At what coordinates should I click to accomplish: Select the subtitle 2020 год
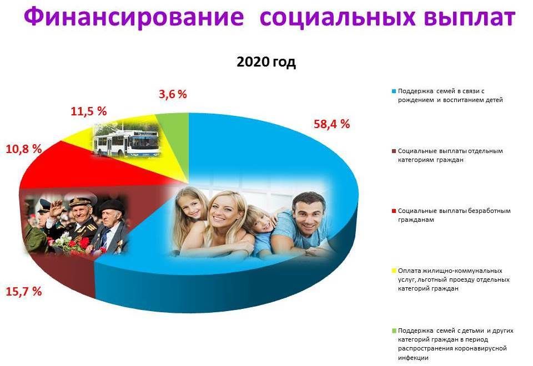click(x=266, y=62)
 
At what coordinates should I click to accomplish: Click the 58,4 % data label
click(x=332, y=124)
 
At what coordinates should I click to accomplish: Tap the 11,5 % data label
click(x=88, y=111)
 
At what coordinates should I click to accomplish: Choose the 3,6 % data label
click(x=173, y=94)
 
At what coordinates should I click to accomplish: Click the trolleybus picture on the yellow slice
click(x=126, y=139)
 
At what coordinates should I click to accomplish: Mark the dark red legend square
click(x=394, y=151)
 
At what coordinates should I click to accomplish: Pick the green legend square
click(x=394, y=331)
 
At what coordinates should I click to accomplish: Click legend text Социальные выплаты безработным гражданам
click(x=446, y=215)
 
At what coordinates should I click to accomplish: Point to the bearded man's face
click(x=307, y=214)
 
